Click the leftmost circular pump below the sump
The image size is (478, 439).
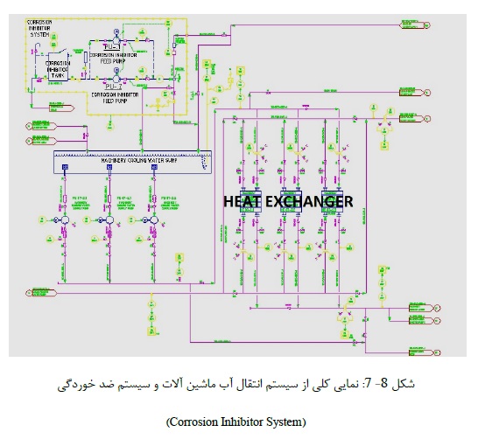coord(66,223)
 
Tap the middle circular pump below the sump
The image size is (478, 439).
coord(110,223)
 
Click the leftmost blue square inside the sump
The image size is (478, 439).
coord(65,165)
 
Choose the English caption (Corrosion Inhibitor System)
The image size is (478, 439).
coord(236,422)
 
